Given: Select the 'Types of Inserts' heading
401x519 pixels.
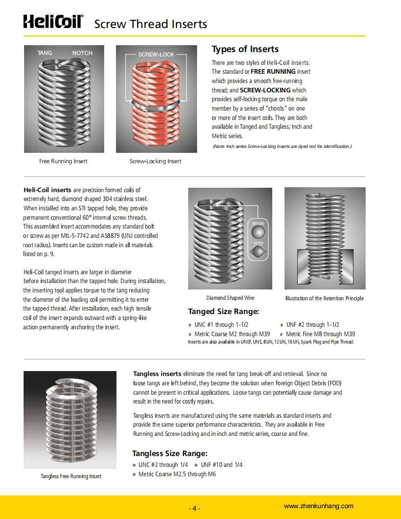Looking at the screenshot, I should point(245,49).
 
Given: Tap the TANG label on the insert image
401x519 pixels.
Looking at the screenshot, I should point(45,53).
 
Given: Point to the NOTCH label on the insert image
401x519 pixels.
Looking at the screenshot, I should point(83,53).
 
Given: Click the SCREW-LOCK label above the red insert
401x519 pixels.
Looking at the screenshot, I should point(156,55).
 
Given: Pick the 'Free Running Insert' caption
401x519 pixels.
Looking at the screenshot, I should point(63,161).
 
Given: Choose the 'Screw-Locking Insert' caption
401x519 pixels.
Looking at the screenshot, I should point(155,161).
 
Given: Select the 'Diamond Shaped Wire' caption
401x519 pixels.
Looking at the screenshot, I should point(230,298).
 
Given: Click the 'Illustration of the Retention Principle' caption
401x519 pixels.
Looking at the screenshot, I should point(324,298).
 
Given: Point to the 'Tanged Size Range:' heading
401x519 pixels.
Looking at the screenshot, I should point(224,311).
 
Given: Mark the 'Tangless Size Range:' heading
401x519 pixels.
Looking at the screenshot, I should point(170,453).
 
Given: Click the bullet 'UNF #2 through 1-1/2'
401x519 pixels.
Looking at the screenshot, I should point(313,325).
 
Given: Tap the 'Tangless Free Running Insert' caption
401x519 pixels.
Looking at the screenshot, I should point(71,476).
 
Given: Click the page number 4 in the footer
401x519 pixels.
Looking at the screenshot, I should point(195,508).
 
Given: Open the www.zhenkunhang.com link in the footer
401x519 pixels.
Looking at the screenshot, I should point(318,506).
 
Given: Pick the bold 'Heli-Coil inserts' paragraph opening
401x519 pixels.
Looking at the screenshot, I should point(47,190).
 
